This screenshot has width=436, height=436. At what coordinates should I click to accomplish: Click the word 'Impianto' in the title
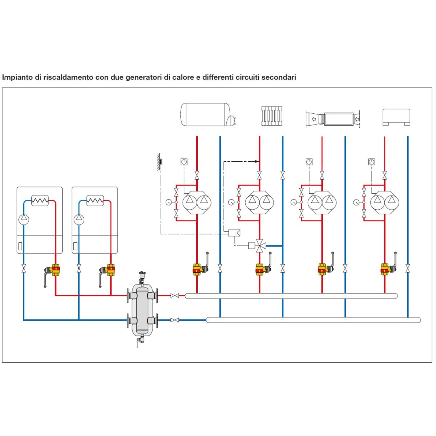17,78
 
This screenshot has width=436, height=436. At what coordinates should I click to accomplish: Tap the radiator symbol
271,116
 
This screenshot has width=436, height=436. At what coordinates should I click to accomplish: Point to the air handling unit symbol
332,118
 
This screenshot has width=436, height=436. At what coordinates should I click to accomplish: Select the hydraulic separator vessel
142,308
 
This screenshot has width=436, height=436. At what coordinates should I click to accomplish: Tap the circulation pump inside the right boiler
79,219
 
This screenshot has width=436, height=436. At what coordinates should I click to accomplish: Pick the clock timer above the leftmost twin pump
184,162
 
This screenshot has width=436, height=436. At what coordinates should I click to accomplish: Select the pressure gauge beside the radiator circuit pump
231,202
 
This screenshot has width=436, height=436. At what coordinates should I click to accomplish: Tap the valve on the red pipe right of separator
174,295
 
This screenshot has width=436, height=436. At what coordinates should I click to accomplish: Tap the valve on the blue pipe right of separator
174,320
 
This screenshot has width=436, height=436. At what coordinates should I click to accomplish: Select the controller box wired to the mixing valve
234,233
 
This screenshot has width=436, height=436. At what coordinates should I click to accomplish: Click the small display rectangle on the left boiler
20,246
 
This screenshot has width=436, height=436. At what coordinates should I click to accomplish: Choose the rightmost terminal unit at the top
396,117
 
